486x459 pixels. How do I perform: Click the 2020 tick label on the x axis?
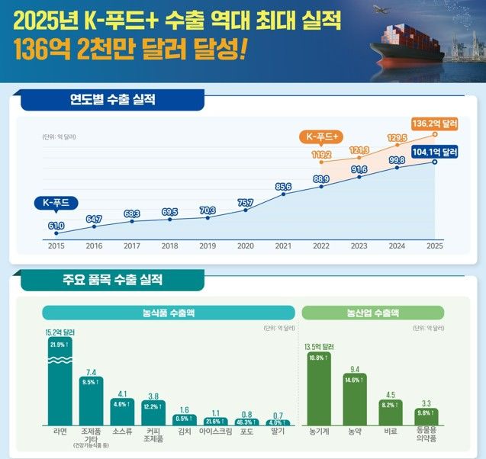tap(245, 246)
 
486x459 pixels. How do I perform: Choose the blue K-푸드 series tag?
tap(55, 203)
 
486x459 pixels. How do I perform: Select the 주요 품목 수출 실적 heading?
tap(113, 280)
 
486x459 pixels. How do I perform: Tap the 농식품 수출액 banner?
tap(168, 313)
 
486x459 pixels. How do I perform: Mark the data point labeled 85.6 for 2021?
tap(283, 194)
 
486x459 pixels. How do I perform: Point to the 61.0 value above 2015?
tap(56, 226)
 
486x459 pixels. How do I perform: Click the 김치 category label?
tap(184, 432)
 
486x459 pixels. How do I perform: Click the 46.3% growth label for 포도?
tap(246, 422)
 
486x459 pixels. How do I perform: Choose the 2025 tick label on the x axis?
tap(435, 246)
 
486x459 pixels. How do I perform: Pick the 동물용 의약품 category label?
tap(426, 435)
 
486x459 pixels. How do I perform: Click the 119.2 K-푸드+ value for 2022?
tap(321, 153)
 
